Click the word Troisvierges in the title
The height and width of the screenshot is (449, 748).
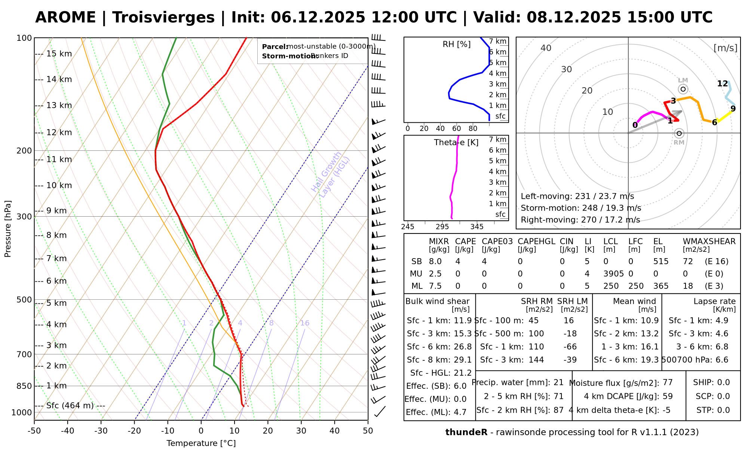click(x=163, y=18)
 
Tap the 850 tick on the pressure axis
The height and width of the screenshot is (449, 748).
click(x=25, y=386)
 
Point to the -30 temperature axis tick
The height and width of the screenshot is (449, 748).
click(x=101, y=431)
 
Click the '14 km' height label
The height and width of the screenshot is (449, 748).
click(x=59, y=79)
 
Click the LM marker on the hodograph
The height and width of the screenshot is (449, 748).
click(x=683, y=89)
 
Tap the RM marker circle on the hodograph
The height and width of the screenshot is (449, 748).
click(x=679, y=133)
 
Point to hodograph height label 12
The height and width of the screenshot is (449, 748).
click(x=723, y=84)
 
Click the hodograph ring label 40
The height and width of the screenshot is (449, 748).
click(x=546, y=48)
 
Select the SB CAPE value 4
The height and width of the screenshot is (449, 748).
click(x=458, y=262)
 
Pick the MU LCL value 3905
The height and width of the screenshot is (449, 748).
click(x=613, y=274)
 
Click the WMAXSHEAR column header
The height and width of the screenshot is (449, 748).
click(x=709, y=242)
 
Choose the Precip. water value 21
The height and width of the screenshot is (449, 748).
click(x=558, y=382)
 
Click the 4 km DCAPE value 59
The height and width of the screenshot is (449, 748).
click(x=668, y=396)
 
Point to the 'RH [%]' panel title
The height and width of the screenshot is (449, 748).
click(x=456, y=45)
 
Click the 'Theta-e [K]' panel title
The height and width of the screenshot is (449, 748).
click(x=456, y=143)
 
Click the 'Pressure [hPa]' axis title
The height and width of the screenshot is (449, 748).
click(x=8, y=229)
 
